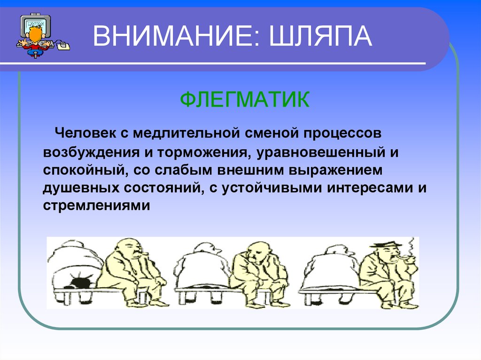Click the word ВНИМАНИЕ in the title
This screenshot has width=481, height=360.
(x=177, y=36)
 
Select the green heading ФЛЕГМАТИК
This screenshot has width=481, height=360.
(x=245, y=100)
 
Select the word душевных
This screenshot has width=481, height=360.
(x=81, y=188)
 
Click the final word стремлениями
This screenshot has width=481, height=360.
(x=96, y=206)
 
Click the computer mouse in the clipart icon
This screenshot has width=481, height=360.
(x=63, y=46)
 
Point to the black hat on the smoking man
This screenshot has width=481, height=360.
(x=386, y=245)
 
